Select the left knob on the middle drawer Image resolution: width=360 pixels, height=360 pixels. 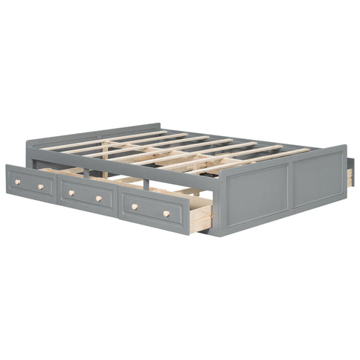[x=71, y=193]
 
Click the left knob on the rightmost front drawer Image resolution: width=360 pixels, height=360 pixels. [x=135, y=206]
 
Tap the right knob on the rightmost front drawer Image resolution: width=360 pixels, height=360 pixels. [x=167, y=214]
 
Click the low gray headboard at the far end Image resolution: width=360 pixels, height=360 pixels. [x=149, y=127]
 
